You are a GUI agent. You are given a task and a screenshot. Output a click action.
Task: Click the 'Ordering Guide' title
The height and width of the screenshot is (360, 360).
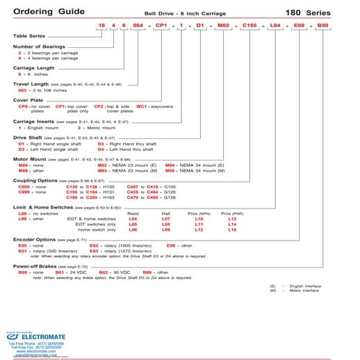[43, 12]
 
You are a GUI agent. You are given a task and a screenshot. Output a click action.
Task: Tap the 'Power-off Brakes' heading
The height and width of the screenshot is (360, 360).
[34, 265]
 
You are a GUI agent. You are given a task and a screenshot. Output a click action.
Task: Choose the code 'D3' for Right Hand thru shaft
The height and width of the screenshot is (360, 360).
[101, 144]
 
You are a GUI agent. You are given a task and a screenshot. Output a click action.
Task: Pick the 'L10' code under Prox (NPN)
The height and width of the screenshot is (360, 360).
[199, 218]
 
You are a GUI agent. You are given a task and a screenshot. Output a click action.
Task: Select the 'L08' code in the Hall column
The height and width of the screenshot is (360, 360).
[166, 224]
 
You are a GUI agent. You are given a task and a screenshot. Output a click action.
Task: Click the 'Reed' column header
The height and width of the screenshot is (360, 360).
[133, 213]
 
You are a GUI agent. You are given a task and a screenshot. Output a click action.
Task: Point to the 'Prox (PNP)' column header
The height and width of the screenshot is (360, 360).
[232, 213]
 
